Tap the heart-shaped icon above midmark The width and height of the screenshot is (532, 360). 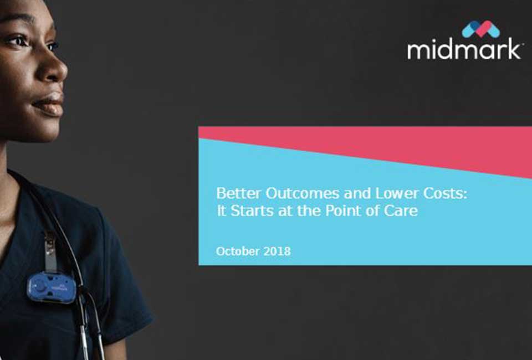[x=480, y=29]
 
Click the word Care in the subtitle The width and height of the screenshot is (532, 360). [x=403, y=211]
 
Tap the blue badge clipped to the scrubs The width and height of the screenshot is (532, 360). [x=51, y=287]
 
